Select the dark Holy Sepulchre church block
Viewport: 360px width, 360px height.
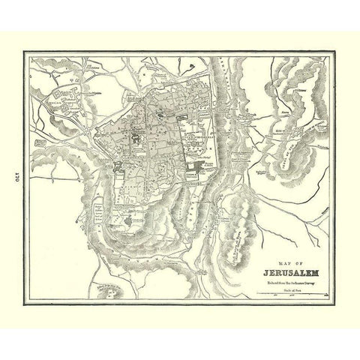[x=139, y=135]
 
